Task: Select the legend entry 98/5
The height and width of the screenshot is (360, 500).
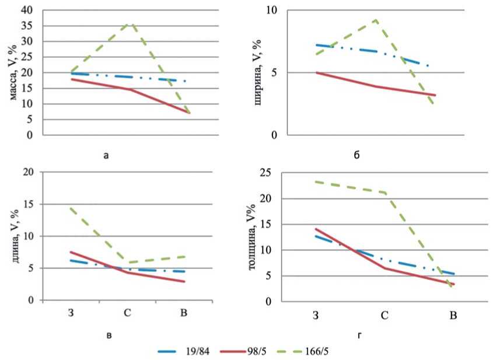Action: point(257,352)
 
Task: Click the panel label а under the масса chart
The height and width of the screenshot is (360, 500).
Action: point(105,155)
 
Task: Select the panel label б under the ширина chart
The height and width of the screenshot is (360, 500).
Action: point(356,155)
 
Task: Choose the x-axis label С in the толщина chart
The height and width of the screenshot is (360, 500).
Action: point(384,316)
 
